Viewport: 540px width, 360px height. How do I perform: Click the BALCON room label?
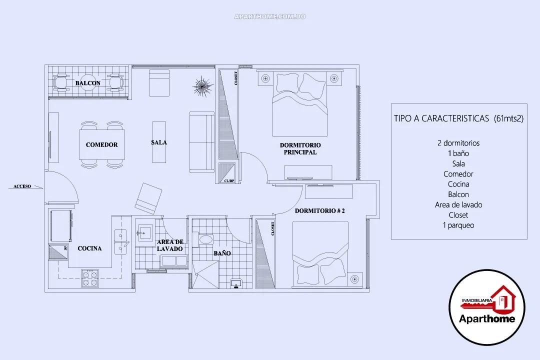click(x=88, y=83)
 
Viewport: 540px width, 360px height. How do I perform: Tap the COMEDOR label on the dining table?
click(x=101, y=144)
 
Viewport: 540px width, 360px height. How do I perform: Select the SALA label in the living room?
click(x=158, y=142)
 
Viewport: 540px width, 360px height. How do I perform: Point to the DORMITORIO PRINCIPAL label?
click(x=298, y=148)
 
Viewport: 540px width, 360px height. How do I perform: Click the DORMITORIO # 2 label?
click(x=319, y=211)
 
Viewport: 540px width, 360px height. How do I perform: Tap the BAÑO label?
click(x=222, y=253)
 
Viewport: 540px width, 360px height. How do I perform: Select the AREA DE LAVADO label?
click(x=169, y=245)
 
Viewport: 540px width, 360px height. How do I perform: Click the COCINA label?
click(x=90, y=248)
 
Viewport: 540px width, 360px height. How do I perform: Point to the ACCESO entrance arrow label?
click(x=22, y=186)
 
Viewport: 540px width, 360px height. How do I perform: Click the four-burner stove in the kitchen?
click(x=90, y=278)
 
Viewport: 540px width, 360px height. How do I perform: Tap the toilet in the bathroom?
click(x=205, y=240)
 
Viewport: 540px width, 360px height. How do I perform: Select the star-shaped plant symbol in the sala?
click(x=201, y=85)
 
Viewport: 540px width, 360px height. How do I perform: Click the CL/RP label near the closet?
click(x=229, y=180)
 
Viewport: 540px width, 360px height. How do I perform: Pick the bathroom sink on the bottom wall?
click(x=236, y=283)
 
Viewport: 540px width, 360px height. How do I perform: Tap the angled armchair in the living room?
click(x=148, y=197)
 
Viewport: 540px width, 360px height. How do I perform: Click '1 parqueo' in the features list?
click(x=458, y=225)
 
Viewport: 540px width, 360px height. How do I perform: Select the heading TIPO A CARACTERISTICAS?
click(x=458, y=118)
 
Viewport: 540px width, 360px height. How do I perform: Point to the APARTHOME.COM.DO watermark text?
click(x=270, y=17)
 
